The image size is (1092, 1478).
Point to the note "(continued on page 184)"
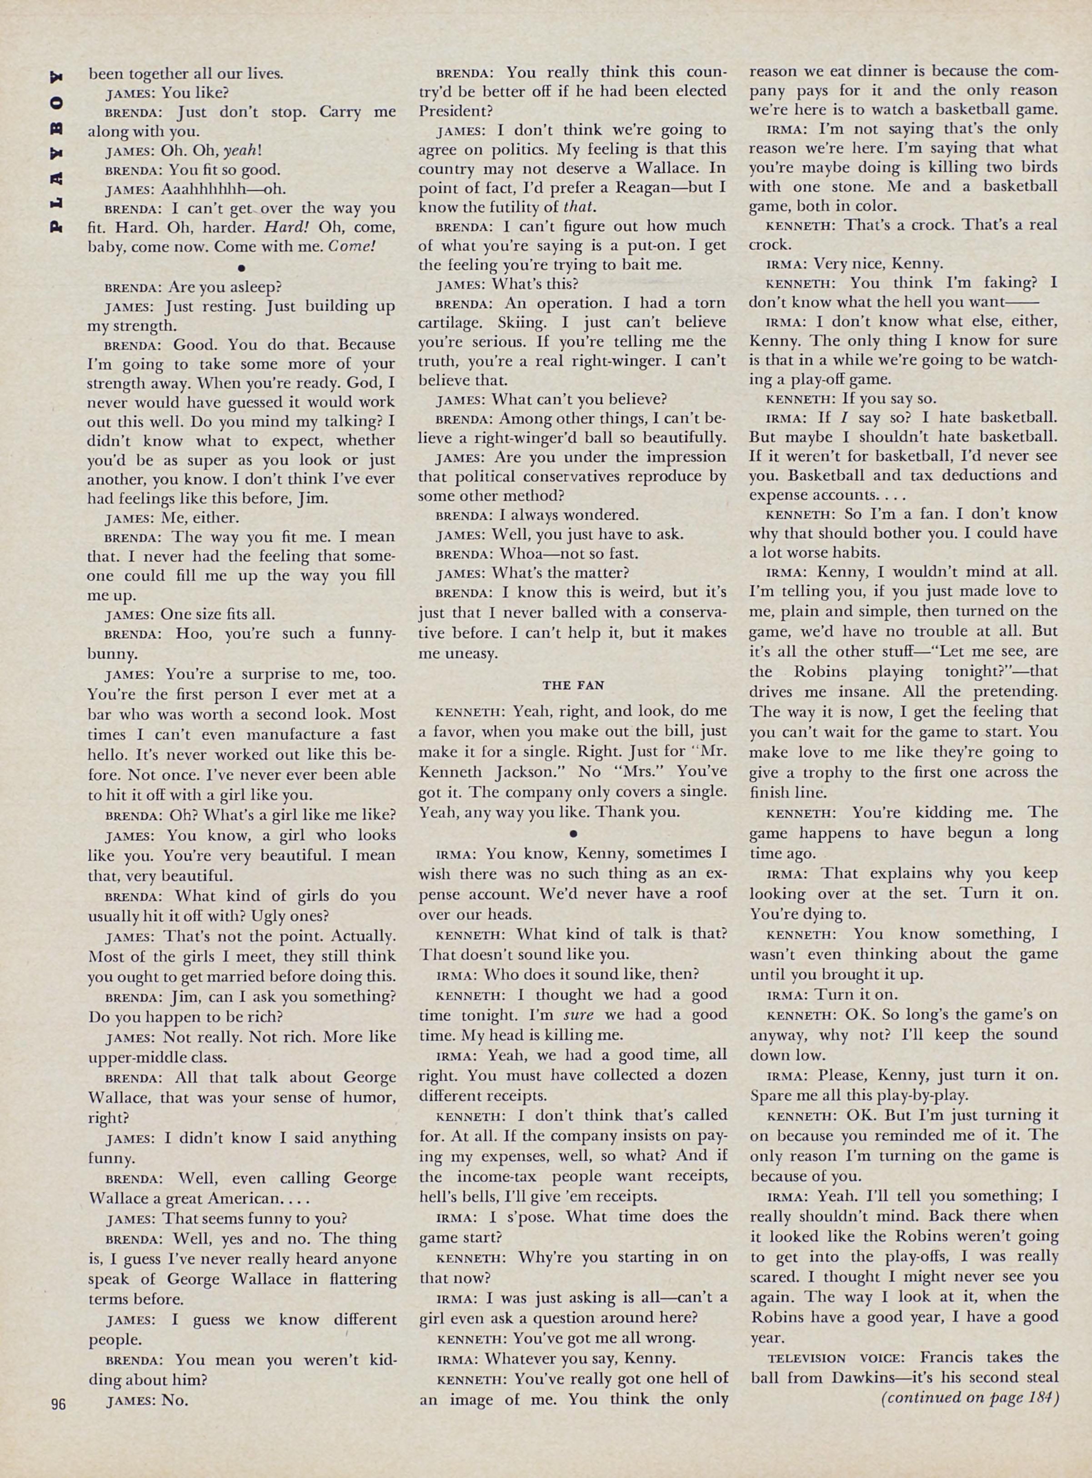(970, 1398)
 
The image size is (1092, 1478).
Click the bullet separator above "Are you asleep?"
(241, 268)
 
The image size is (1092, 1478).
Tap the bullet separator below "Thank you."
(572, 832)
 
